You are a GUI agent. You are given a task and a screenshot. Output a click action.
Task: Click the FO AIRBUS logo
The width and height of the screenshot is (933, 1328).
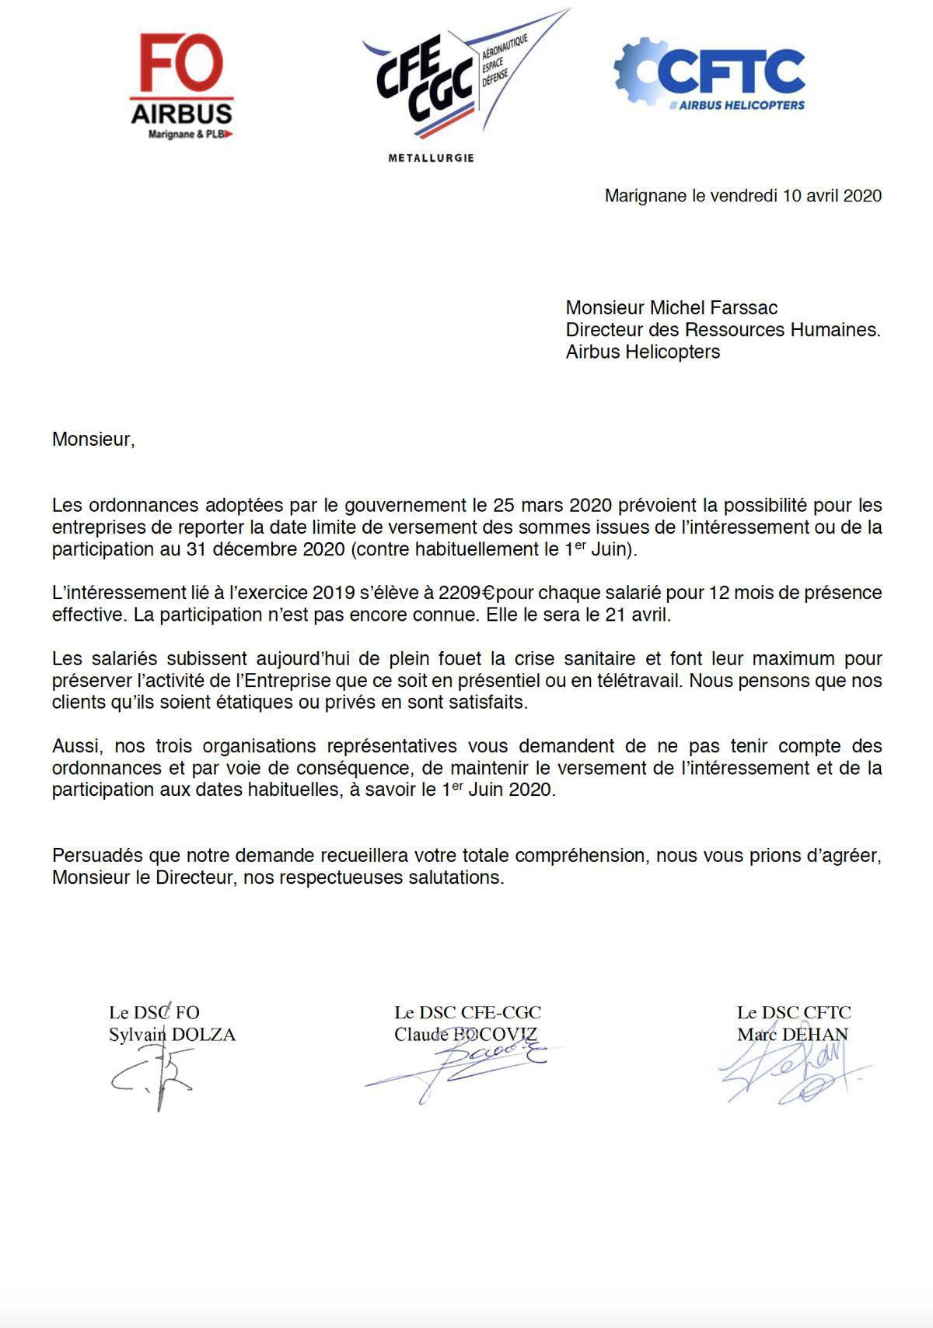pyautogui.click(x=182, y=86)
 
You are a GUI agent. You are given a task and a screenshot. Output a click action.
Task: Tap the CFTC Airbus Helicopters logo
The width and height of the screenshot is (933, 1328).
pyautogui.click(x=710, y=75)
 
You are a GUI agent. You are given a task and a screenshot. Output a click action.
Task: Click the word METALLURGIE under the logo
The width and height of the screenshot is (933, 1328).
pyautogui.click(x=431, y=158)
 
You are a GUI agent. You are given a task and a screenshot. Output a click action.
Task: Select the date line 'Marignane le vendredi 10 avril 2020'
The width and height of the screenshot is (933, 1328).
pyautogui.click(x=743, y=196)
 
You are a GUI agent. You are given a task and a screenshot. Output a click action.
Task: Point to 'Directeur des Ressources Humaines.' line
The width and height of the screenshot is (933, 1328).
pyautogui.click(x=722, y=330)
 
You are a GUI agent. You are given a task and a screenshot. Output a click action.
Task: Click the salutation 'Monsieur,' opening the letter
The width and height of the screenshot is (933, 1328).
pyautogui.click(x=93, y=440)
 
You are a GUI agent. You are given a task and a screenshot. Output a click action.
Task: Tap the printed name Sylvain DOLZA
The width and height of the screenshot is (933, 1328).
pyautogui.click(x=172, y=1035)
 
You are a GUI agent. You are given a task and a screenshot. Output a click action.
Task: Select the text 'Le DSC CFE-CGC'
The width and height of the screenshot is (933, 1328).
pyautogui.click(x=467, y=1012)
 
